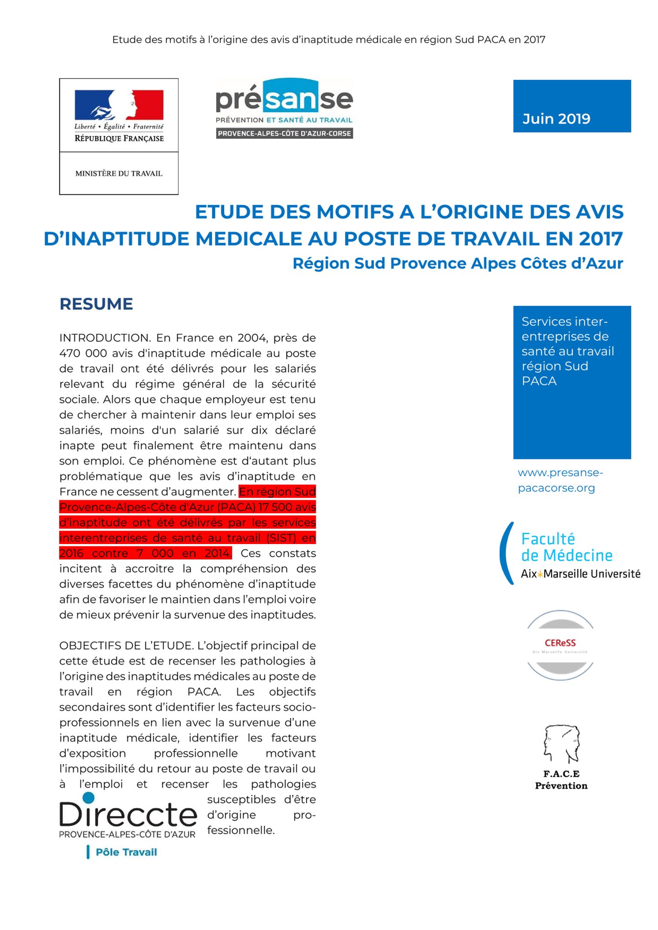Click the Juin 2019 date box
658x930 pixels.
point(572,106)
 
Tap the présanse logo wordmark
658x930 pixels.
point(284,97)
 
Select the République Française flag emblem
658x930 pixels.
point(119,105)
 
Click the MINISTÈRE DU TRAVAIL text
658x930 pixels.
point(119,173)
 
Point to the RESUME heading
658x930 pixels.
point(96,304)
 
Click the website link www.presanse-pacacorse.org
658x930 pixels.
point(560,480)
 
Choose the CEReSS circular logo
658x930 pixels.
point(560,645)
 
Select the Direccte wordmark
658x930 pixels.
point(128,815)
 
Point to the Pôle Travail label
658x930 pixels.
point(126,852)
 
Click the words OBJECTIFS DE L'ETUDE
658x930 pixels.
point(126,646)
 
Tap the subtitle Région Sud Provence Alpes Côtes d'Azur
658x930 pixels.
point(457,264)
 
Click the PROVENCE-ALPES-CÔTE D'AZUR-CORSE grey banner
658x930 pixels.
point(284,133)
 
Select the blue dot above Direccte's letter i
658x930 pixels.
point(88,798)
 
